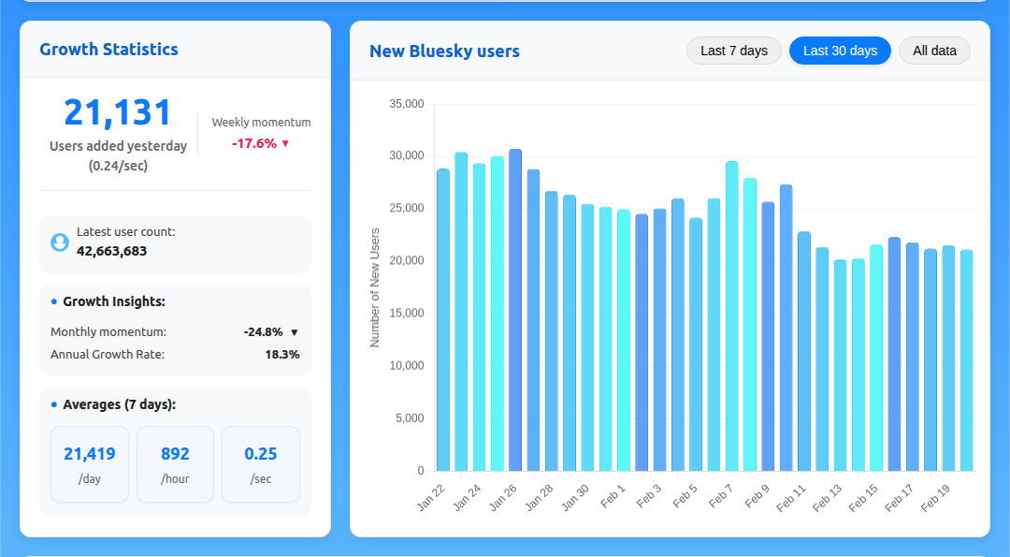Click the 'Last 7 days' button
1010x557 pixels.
pos(734,51)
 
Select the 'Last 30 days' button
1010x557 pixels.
pos(840,51)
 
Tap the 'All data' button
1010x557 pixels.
pos(934,51)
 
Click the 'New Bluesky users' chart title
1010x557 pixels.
pos(444,51)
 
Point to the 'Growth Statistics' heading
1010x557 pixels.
pos(108,50)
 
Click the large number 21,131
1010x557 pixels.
pos(118,112)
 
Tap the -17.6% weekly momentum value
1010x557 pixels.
pos(254,143)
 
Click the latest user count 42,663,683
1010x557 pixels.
pos(111,251)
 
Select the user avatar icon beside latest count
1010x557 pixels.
pos(60,242)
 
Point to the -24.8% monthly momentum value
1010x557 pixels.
pos(263,332)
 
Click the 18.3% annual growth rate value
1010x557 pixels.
pos(281,355)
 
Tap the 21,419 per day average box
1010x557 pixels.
pos(90,464)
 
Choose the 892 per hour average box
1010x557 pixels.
pos(175,464)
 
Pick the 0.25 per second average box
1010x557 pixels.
pos(261,464)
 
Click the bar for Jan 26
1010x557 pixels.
pos(515,309)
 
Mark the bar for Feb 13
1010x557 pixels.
pos(840,365)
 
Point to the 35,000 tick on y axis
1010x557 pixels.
pos(407,104)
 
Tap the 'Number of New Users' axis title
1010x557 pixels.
pos(375,287)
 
